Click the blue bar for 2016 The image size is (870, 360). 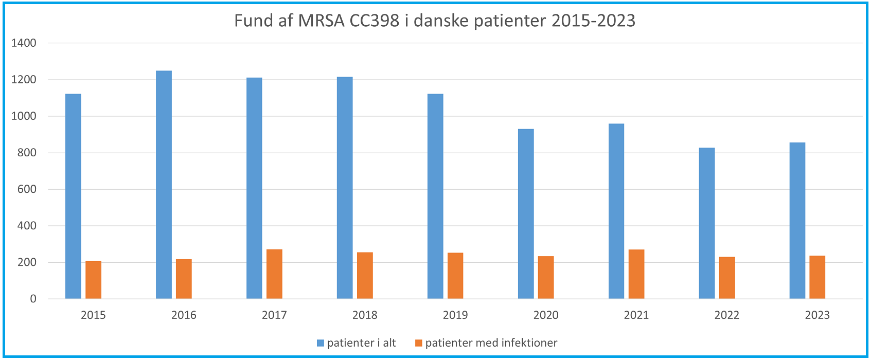[164, 185]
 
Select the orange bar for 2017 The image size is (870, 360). [274, 274]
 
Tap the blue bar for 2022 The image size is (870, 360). [706, 223]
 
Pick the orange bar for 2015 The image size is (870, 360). [93, 280]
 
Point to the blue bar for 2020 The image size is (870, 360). [526, 214]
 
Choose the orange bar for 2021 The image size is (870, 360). [636, 274]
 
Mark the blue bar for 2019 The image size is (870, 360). [435, 196]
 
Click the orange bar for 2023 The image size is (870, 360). [817, 277]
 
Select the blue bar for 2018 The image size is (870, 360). [345, 188]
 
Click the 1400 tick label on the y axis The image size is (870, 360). [24, 43]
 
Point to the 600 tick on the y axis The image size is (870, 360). [27, 189]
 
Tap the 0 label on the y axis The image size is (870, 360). [33, 299]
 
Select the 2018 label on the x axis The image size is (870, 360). [365, 315]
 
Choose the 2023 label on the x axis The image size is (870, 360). [817, 315]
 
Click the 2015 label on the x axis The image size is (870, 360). [93, 315]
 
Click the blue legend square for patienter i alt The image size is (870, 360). [321, 343]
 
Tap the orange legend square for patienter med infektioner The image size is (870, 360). [419, 343]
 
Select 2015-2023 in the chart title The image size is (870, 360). [593, 21]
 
